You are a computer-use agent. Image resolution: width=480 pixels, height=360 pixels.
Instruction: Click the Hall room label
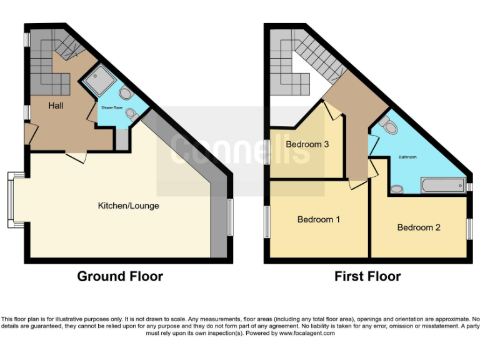56,106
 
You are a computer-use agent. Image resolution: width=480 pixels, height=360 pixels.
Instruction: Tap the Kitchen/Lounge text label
128,206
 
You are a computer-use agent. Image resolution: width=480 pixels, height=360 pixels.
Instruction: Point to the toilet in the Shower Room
126,94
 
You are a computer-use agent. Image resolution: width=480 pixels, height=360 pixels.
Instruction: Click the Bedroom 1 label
319,219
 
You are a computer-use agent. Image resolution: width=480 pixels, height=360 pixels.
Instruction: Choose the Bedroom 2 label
419,227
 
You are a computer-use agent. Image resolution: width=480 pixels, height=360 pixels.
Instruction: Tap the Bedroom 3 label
307,144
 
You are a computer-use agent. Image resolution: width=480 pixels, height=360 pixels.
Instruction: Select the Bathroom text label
407,157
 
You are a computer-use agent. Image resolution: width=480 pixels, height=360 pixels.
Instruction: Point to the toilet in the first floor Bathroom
389,127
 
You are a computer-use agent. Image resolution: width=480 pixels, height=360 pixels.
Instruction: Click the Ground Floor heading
120,276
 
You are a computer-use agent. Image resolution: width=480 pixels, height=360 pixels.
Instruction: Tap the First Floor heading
367,276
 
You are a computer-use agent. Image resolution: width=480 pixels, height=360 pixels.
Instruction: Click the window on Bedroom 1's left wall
267,222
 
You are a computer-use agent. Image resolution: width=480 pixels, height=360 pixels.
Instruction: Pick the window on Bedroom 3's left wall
267,153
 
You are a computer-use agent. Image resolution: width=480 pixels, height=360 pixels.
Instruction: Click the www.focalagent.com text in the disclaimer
307,334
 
